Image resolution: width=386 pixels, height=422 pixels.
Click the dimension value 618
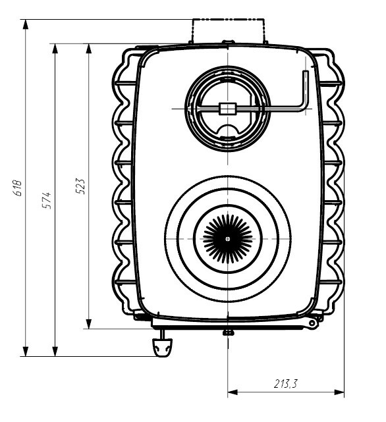pos(18,188)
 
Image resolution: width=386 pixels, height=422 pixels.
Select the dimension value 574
pos(47,200)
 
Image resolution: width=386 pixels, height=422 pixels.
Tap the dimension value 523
pos(80,186)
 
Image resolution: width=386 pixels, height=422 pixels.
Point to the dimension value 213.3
pos(286,384)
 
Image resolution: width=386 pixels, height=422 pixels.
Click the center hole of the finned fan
pos(228,239)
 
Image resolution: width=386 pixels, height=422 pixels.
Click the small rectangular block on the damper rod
pos(228,109)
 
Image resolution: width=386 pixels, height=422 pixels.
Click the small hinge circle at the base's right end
pos(312,323)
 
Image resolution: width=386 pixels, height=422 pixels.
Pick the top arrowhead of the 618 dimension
pos(26,24)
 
